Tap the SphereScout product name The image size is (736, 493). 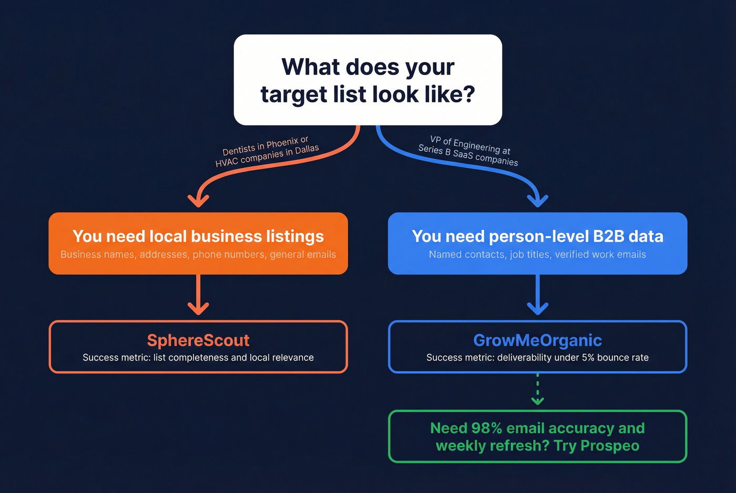198,340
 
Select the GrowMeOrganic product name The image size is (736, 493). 537,340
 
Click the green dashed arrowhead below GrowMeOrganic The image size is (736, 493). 537,401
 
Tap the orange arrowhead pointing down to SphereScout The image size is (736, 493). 198,308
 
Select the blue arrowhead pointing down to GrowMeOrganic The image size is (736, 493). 537,308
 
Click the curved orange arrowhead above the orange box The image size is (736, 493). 199,201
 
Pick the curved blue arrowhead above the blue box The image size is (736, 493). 537,201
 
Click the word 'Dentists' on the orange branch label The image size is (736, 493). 239,150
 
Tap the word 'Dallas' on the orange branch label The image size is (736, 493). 306,149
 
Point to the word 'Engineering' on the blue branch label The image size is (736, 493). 476,145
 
